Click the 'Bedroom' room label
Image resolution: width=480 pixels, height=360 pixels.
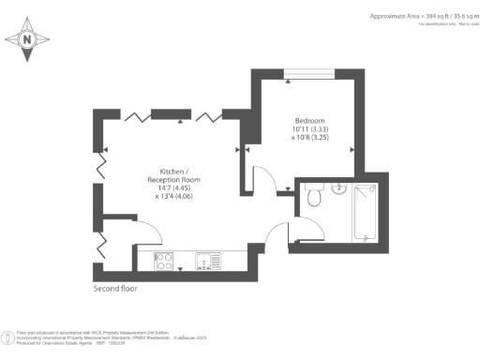tap(308, 120)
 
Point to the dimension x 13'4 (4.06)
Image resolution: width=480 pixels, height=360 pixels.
tap(173, 196)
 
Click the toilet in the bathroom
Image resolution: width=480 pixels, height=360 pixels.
tap(314, 197)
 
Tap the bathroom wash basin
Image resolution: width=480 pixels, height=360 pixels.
tap(339, 190)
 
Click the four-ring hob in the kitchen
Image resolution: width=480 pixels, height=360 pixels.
tap(162, 261)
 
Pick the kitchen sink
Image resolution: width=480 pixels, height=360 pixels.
tap(206, 261)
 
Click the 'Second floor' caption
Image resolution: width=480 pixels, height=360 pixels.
tap(115, 289)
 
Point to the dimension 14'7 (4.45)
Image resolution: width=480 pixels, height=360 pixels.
tap(173, 187)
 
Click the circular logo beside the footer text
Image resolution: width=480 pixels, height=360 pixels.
tap(8, 335)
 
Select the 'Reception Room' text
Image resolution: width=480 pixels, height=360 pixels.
tap(173, 178)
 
